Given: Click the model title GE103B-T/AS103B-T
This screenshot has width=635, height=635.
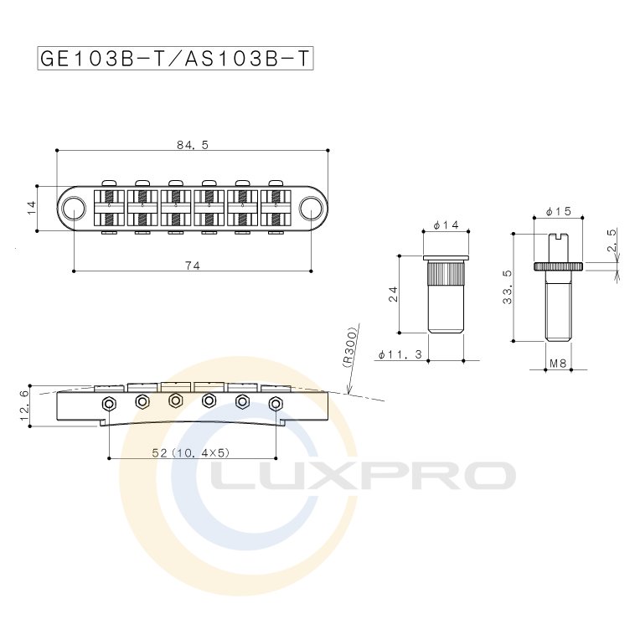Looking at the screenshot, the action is tap(175, 59).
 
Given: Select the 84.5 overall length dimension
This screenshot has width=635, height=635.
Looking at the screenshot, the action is tap(193, 145).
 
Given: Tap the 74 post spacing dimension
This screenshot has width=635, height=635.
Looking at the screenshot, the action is tap(193, 266).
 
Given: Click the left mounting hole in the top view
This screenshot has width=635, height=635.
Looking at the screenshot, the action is tap(74, 208).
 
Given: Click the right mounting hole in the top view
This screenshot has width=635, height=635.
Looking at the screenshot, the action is tap(311, 208).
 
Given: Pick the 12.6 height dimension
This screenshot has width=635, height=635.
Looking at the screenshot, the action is tap(24, 405).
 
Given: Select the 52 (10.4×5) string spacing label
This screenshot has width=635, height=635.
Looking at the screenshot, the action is tap(191, 452).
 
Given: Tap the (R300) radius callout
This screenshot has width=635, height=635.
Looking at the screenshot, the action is tap(350, 348).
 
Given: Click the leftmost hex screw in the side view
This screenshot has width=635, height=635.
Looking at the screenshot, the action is tap(109, 403).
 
